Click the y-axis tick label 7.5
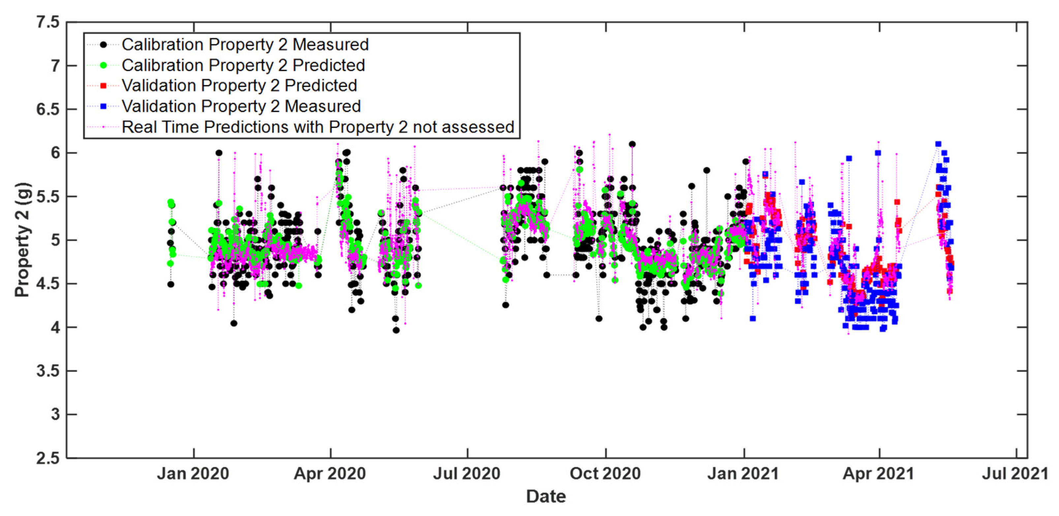[x=48, y=22]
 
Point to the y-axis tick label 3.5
[x=48, y=371]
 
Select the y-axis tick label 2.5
[x=48, y=458]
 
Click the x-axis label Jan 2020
[x=193, y=474]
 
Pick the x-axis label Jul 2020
[x=467, y=474]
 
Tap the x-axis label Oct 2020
[x=605, y=474]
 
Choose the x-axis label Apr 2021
[x=879, y=474]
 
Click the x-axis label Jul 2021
[x=1015, y=474]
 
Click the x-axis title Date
[x=546, y=497]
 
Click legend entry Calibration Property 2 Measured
[x=245, y=45]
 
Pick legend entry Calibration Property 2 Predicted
[x=243, y=65]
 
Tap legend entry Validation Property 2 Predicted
[x=239, y=85]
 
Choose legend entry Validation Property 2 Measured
[x=241, y=107]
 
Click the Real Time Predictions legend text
[x=318, y=127]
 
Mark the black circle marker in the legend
[x=104, y=45]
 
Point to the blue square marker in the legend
[x=104, y=107]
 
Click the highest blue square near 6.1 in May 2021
[x=938, y=144]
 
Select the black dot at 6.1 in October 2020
[x=632, y=144]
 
